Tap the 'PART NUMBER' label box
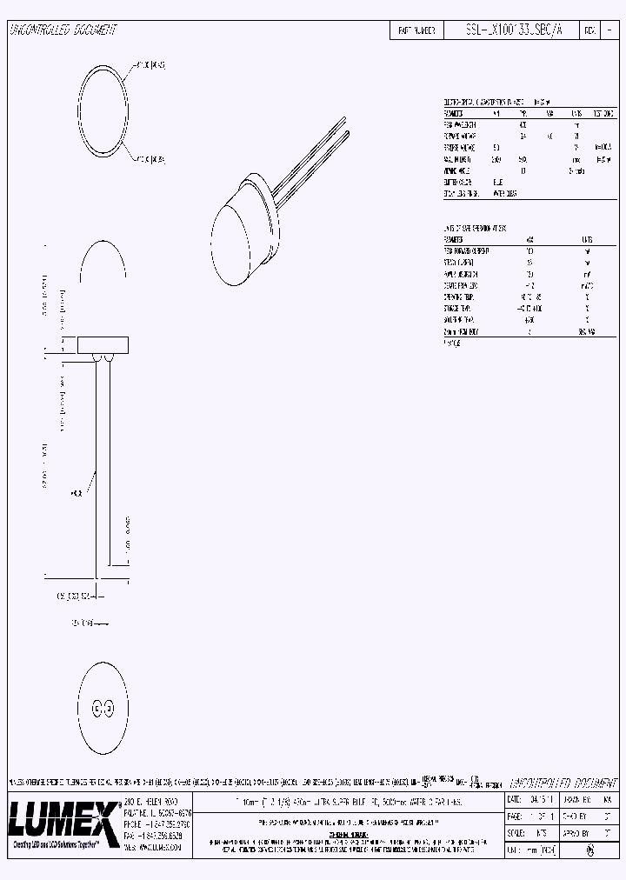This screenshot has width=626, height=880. [416, 30]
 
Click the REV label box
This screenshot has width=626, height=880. [589, 30]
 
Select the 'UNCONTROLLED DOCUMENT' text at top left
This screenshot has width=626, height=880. [63, 30]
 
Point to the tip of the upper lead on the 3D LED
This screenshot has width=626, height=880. [345, 130]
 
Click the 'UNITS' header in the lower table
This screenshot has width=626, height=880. [586, 240]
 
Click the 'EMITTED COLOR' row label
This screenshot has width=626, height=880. [461, 183]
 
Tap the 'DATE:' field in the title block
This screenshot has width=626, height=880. [514, 798]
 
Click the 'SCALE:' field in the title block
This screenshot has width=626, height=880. [516, 832]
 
